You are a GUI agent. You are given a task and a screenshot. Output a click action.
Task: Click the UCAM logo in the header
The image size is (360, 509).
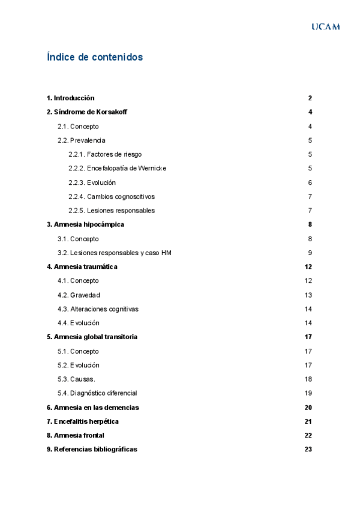[x=326, y=27]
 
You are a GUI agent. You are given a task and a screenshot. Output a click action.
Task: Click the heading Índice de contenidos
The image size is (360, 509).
[x=95, y=58]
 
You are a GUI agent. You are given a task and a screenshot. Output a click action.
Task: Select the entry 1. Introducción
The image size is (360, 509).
[x=71, y=98]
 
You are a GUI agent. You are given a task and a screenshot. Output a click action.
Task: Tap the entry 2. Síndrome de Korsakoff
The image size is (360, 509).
[x=87, y=112]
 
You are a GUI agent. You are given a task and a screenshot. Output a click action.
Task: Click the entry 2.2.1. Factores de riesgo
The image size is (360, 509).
[x=105, y=154]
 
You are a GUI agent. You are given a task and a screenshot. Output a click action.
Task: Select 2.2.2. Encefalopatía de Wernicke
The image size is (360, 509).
[x=117, y=168]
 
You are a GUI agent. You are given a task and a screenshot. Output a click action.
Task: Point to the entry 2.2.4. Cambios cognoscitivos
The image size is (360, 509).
[x=112, y=196]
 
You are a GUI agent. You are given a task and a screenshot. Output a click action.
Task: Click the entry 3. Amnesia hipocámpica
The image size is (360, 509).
[x=85, y=224]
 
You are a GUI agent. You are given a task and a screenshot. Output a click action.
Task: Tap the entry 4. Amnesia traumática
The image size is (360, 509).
[x=82, y=267]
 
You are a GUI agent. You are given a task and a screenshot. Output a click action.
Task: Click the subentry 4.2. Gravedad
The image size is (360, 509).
[x=79, y=295]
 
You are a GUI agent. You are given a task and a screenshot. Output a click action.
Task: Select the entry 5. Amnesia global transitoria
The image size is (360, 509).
[x=92, y=337]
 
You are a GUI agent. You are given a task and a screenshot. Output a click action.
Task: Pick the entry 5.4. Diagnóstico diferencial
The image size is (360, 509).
[x=97, y=393]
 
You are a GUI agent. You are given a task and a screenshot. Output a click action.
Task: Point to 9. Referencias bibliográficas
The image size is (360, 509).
[x=92, y=449]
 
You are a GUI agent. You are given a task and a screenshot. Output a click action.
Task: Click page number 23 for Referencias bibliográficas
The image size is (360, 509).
[x=308, y=449]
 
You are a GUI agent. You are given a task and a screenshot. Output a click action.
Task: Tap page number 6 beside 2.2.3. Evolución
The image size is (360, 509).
[x=310, y=182]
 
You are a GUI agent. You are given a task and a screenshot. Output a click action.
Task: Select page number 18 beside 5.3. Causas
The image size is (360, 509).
[x=308, y=379]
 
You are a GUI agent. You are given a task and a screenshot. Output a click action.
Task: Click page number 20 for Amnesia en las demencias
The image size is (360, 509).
[x=308, y=408]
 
